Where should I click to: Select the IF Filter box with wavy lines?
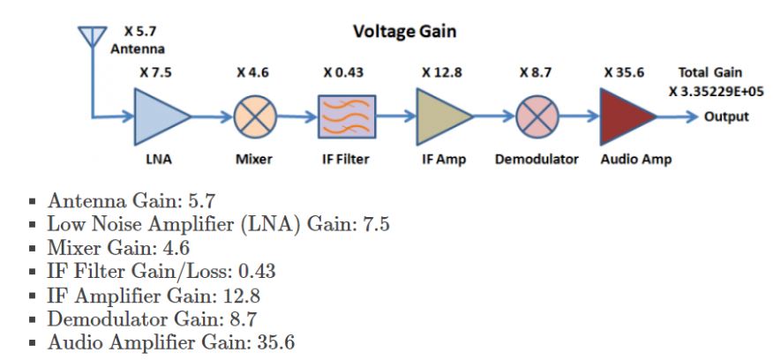[347, 116]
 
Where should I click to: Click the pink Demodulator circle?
[537, 116]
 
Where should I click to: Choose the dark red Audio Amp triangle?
[626, 116]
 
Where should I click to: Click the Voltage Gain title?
[405, 32]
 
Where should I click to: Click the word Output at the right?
[726, 116]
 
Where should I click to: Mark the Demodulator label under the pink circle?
[537, 160]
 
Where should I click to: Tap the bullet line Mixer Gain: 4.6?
[118, 248]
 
